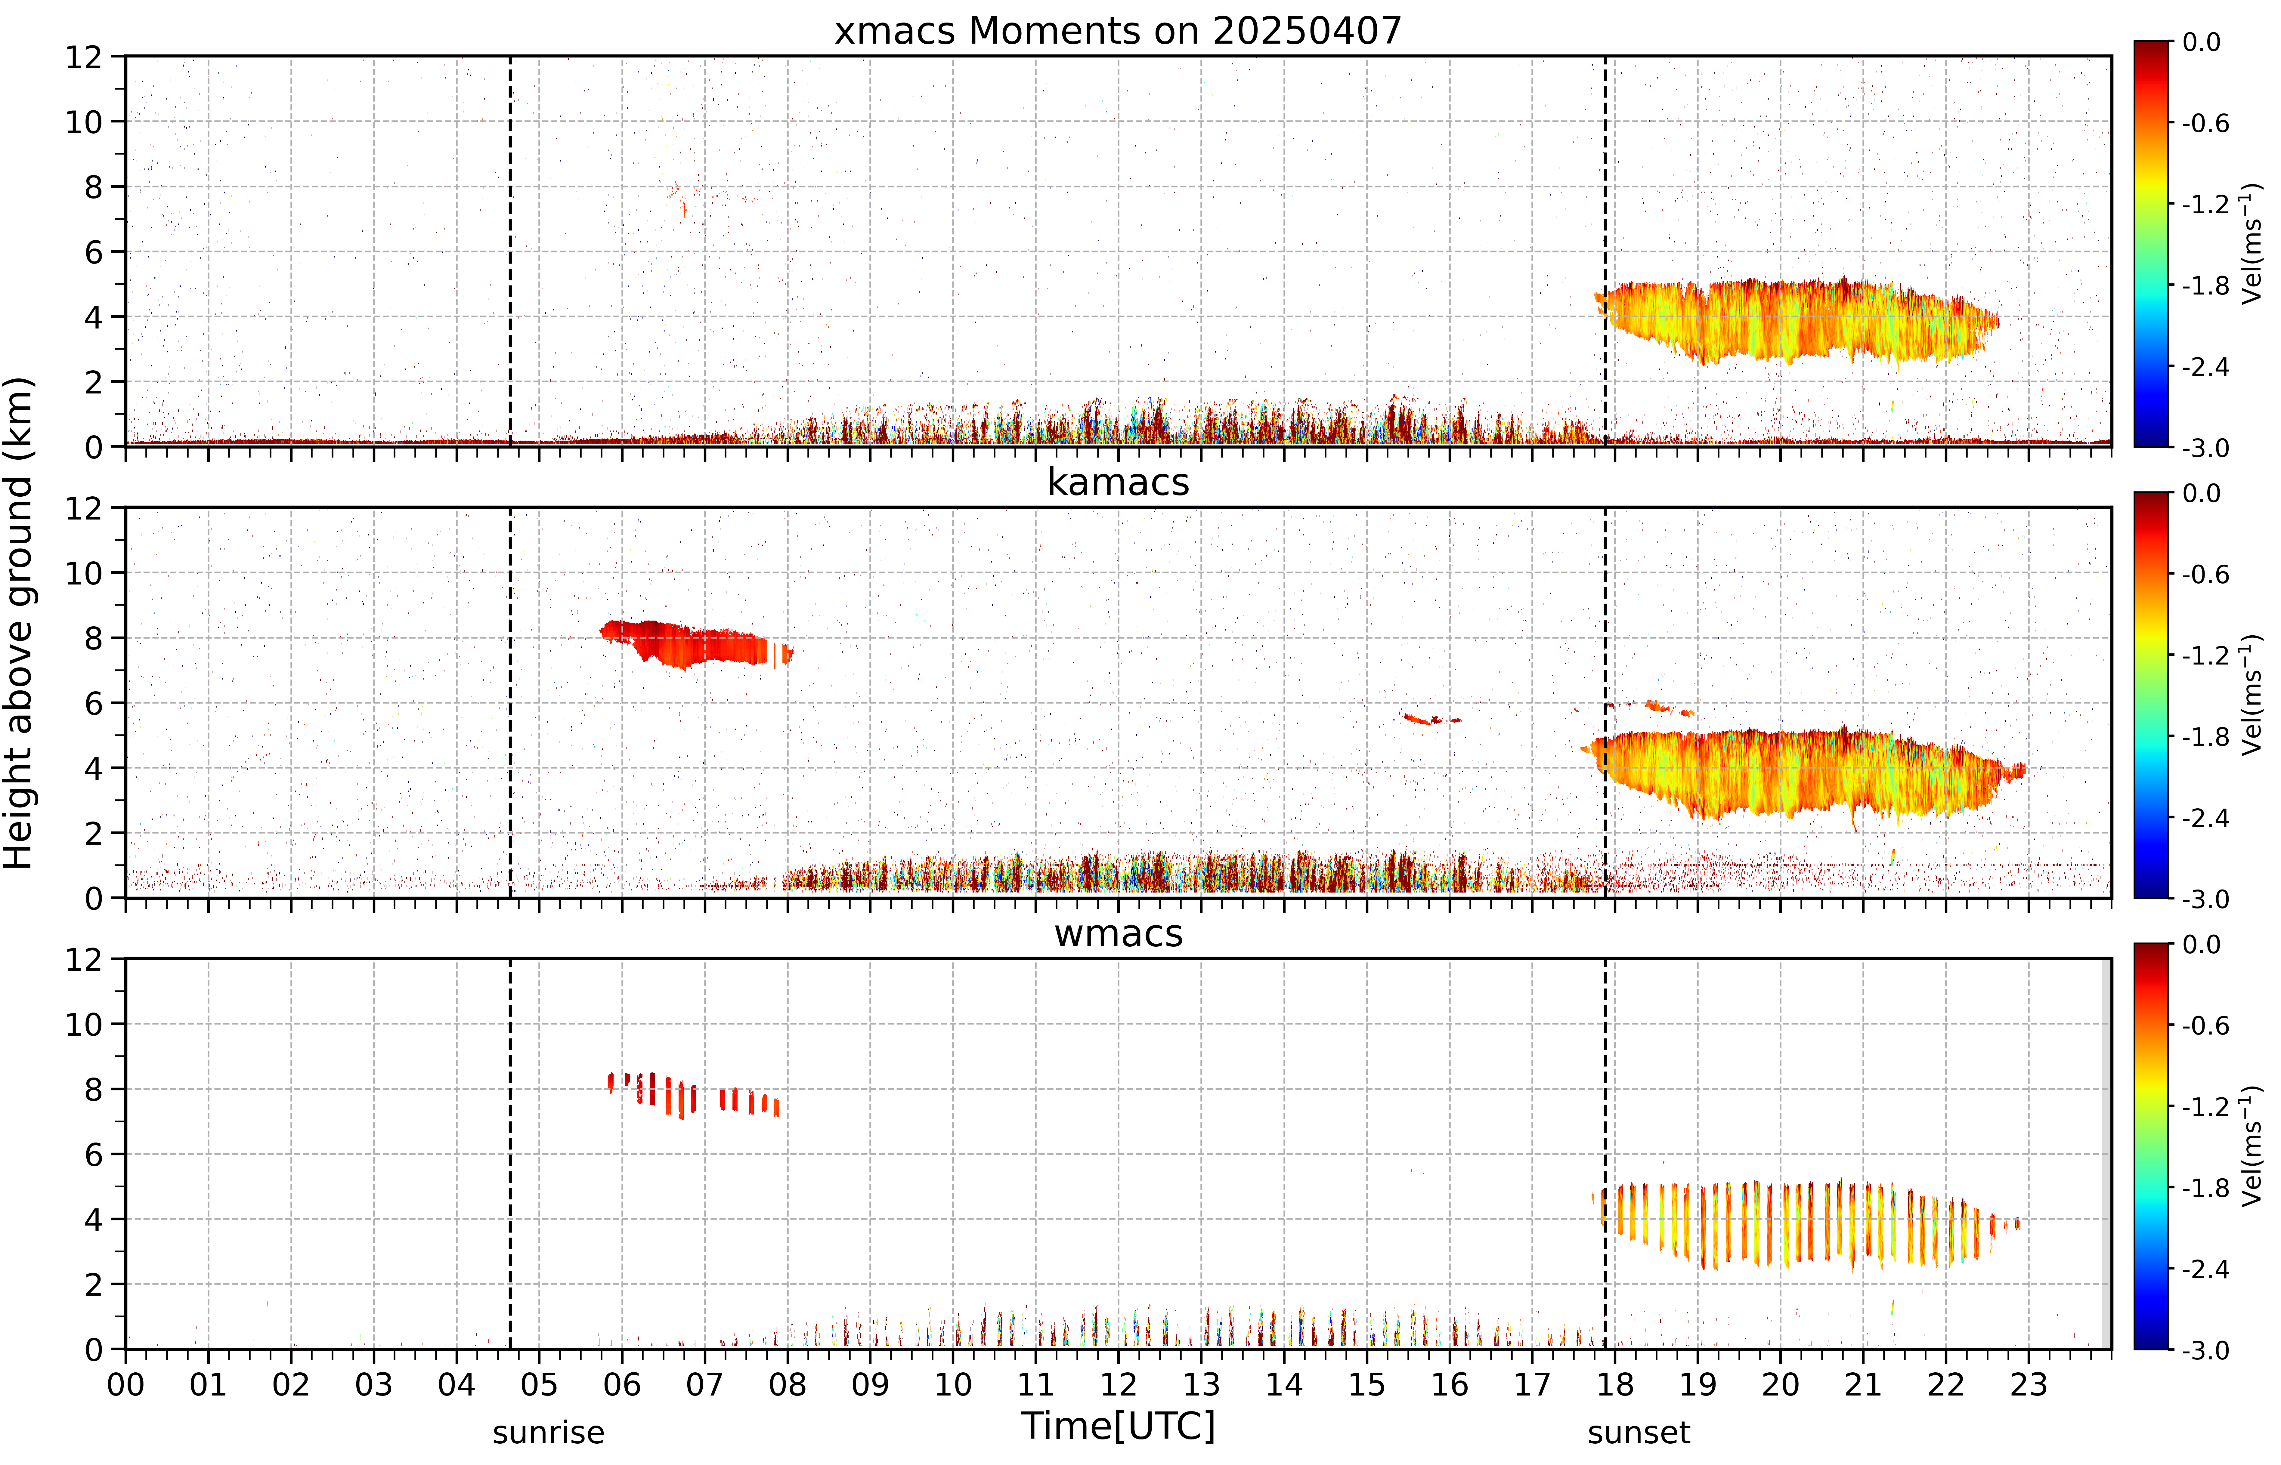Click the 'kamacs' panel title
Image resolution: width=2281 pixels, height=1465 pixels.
point(1118,482)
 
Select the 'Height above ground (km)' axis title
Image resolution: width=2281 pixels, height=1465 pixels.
point(19,623)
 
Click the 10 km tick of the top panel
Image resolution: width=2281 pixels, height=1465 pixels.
point(84,122)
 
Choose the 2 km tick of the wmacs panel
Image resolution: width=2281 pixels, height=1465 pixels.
point(93,1284)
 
